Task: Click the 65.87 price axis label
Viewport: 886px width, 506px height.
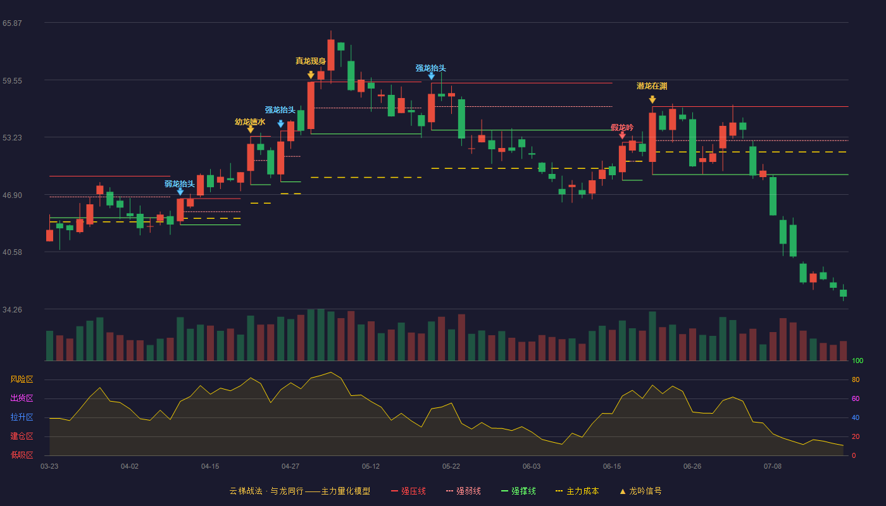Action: tap(12, 23)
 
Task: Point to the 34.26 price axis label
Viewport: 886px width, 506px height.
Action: tap(12, 309)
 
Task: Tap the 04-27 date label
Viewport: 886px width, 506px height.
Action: tap(290, 467)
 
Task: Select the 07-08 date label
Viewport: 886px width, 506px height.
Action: tap(773, 467)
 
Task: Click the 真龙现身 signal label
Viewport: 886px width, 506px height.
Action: tap(311, 61)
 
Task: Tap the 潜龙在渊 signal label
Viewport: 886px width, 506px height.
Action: tap(652, 86)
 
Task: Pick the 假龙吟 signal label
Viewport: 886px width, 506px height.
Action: tap(621, 127)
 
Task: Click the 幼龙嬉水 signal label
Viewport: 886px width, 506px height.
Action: tap(250, 121)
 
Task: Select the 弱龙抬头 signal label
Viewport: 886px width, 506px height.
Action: tap(180, 184)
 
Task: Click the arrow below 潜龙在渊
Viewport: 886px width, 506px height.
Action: tap(652, 99)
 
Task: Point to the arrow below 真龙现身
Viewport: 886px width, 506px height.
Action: tap(311, 75)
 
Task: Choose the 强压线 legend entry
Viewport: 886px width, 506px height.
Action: tap(408, 491)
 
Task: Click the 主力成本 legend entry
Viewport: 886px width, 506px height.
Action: tap(577, 491)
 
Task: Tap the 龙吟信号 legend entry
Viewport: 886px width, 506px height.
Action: tap(640, 491)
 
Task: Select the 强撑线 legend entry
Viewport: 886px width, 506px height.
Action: tap(518, 491)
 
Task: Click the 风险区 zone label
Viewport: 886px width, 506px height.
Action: tap(22, 379)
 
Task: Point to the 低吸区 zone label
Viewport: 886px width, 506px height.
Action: tap(22, 455)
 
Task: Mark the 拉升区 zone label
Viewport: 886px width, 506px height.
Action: tap(22, 417)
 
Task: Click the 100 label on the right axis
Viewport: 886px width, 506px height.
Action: tap(858, 361)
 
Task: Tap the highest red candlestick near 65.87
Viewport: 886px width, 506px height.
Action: tap(330, 54)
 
